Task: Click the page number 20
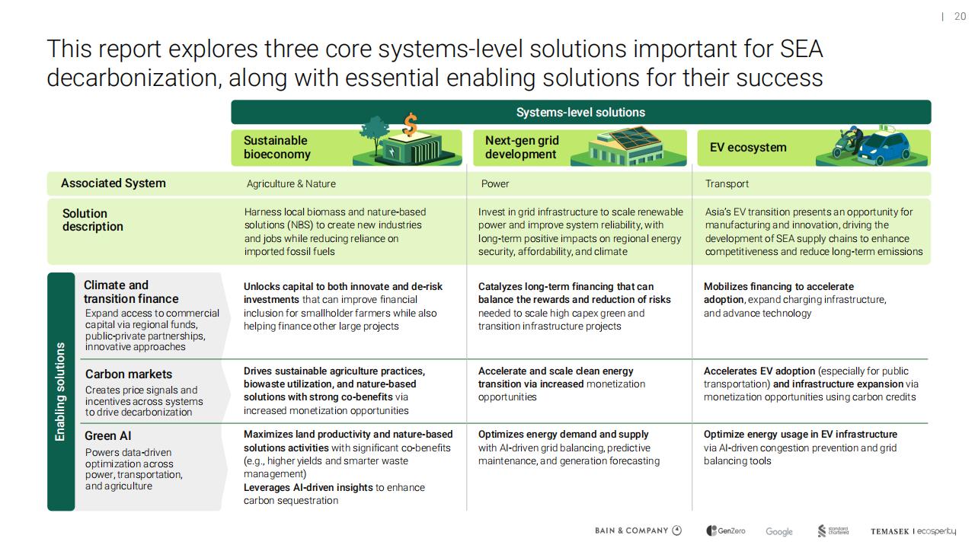[x=960, y=17]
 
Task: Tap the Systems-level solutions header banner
[x=580, y=112]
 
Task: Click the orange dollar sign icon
[x=410, y=124]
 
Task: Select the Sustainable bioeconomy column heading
[x=277, y=148]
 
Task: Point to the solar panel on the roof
[x=635, y=138]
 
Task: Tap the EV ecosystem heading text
[x=748, y=148]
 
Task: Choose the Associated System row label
[x=113, y=183]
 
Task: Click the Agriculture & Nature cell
[x=291, y=184]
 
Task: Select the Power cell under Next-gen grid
[x=495, y=184]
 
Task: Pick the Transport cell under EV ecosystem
[x=727, y=184]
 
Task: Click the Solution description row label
[x=93, y=220]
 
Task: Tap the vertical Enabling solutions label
[x=60, y=391]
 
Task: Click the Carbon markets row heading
[x=129, y=374]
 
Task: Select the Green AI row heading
[x=108, y=436]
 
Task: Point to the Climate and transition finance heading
[x=131, y=292]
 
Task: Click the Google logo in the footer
[x=779, y=531]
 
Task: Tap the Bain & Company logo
[x=638, y=530]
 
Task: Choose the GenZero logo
[x=726, y=530]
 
